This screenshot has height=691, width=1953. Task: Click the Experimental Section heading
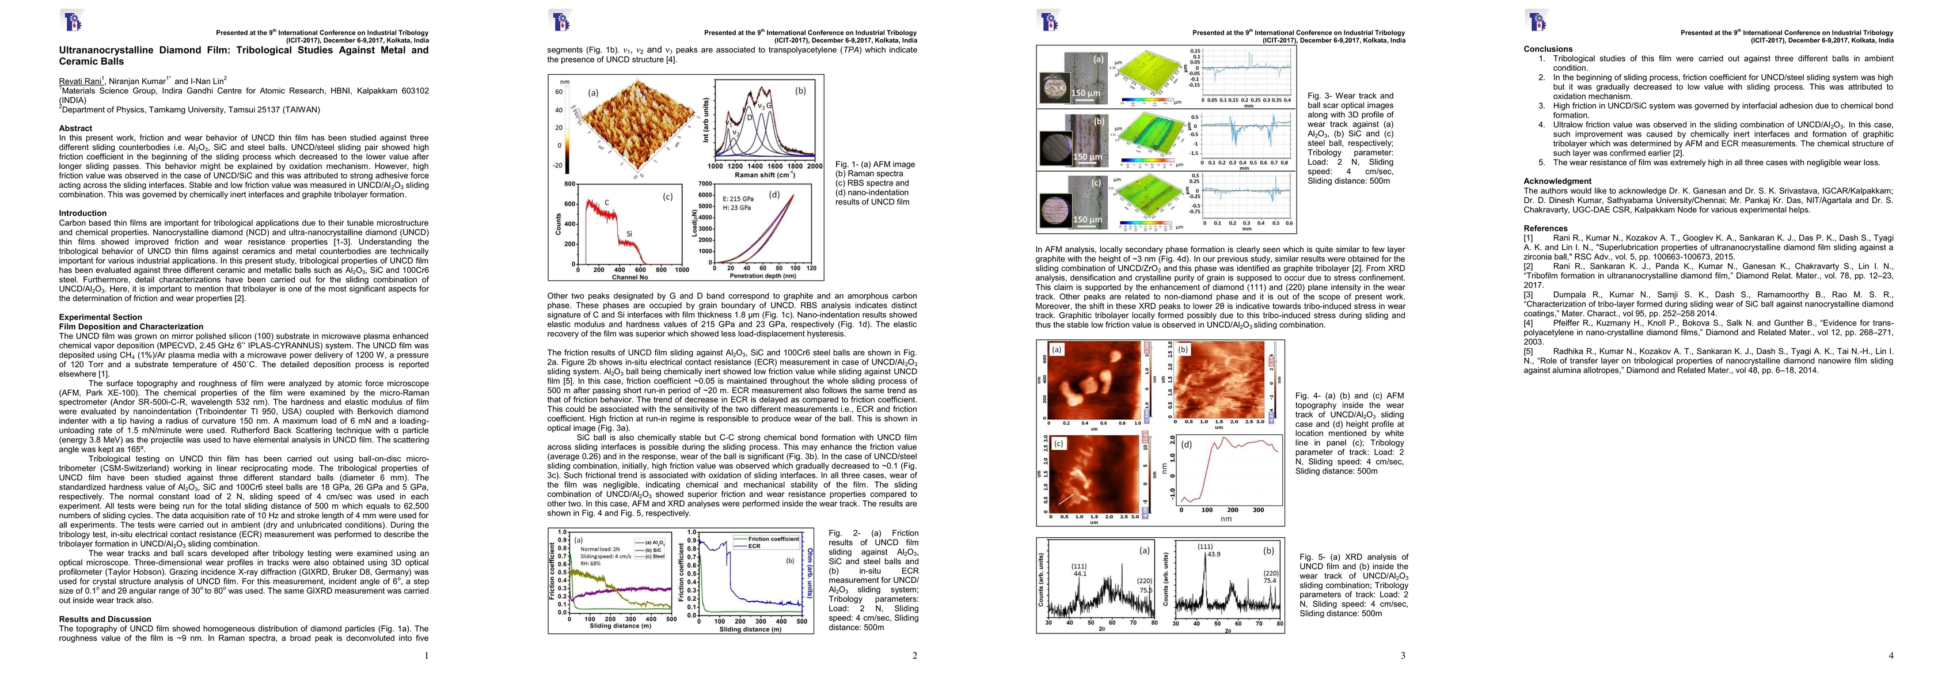click(100, 317)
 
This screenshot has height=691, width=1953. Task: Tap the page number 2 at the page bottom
click(914, 656)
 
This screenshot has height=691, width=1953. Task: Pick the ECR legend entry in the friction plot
click(754, 546)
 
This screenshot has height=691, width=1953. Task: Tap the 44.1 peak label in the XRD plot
click(1080, 574)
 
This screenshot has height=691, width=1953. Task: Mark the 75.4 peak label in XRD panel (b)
click(1269, 581)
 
